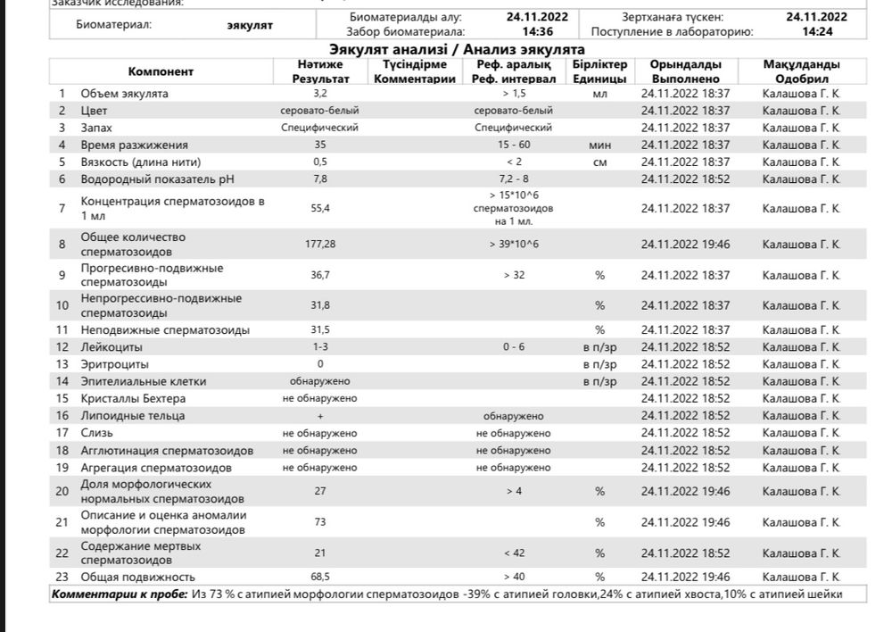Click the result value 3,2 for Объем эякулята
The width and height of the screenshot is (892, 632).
[x=320, y=93]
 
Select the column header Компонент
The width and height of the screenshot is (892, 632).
[x=161, y=71]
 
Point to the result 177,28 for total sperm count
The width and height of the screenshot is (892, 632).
[x=320, y=244]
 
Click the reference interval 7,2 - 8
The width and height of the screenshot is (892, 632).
[x=514, y=179]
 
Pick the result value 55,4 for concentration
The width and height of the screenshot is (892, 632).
[x=320, y=208]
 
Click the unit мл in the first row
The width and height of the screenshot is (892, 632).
[x=599, y=93]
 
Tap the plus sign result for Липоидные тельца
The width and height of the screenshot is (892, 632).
[x=320, y=416]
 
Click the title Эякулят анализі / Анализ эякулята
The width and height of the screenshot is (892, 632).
[x=457, y=50]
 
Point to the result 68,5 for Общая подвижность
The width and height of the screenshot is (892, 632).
[x=320, y=577]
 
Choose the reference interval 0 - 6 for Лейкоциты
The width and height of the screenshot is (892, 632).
[x=514, y=347]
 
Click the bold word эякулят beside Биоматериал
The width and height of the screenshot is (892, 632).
[x=250, y=25]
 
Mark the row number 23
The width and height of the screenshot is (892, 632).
[x=62, y=577]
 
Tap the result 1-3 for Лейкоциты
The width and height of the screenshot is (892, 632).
[x=320, y=347]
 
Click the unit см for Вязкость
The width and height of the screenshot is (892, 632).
[x=599, y=162]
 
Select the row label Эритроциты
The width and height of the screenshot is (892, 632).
[x=115, y=364]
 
